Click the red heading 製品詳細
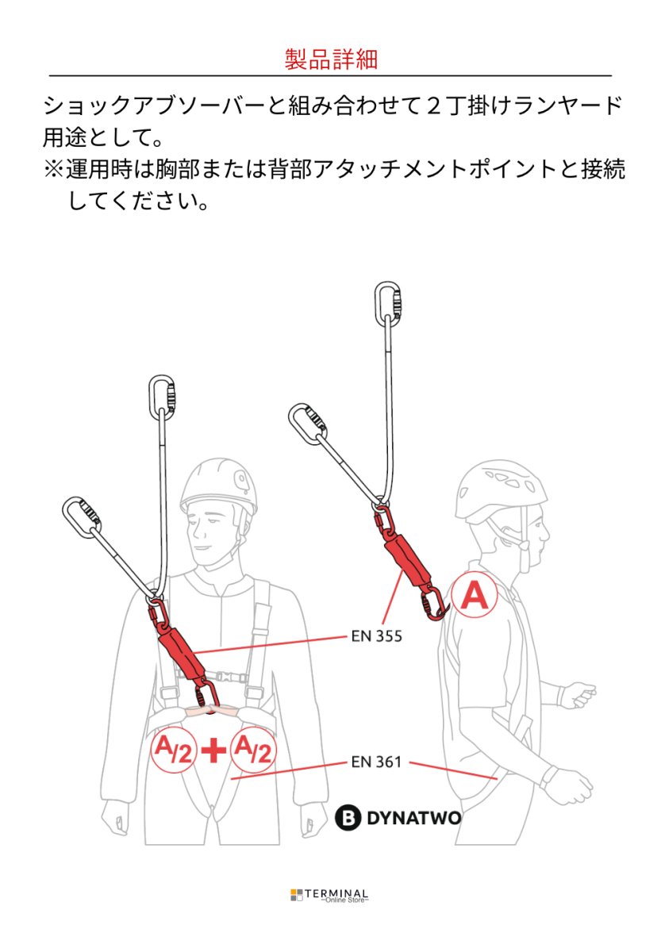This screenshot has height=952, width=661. point(330,59)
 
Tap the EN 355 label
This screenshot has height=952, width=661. point(376,635)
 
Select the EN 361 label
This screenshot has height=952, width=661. point(376,762)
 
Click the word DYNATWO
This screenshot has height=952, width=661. point(413,818)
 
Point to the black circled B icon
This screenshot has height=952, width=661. point(348,818)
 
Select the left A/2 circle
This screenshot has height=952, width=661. point(171,749)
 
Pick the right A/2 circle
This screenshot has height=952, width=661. point(252,749)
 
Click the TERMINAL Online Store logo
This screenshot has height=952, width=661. point(329,896)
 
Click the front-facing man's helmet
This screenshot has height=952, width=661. point(219,486)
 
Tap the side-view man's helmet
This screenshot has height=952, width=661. point(500,491)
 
